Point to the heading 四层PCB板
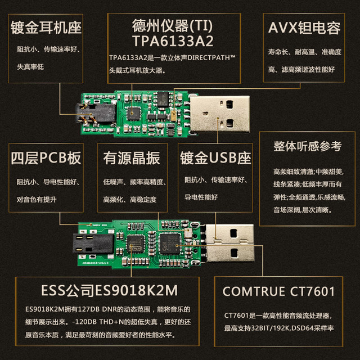coord(46,159)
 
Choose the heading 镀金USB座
coord(215,159)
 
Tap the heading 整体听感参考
coord(307,146)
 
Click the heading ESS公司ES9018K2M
coord(112,291)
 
